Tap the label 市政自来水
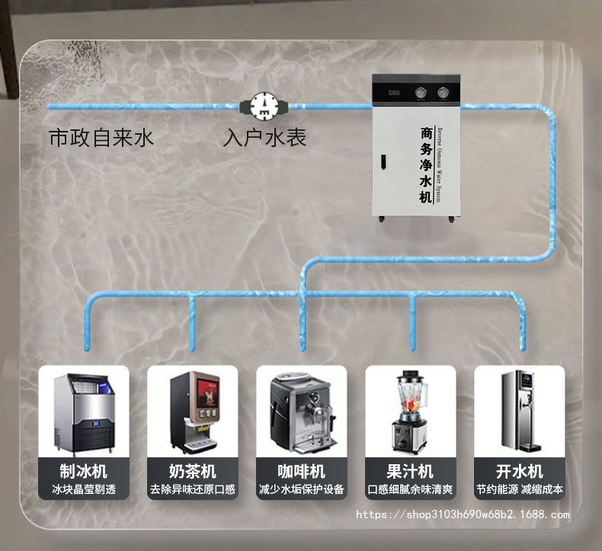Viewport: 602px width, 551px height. [x=101, y=138]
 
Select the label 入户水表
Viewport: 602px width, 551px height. [x=264, y=138]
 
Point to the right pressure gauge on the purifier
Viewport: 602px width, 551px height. [x=443, y=93]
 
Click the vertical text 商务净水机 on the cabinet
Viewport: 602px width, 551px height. [x=426, y=165]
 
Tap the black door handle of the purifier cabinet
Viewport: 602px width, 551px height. [x=385, y=162]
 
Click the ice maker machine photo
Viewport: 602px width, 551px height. [x=84, y=412]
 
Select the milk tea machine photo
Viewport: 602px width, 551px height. [x=193, y=412]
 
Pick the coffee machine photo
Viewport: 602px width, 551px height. [x=302, y=412]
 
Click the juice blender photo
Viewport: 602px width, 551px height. [x=410, y=412]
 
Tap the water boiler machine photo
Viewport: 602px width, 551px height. [x=519, y=412]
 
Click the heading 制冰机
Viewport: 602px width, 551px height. [x=84, y=470]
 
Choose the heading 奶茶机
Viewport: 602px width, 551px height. [x=193, y=470]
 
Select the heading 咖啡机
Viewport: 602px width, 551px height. [x=302, y=470]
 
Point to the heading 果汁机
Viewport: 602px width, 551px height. [x=410, y=470]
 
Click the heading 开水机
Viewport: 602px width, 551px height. [x=519, y=470]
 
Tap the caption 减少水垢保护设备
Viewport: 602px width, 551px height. [x=302, y=489]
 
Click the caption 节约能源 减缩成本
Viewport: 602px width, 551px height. [x=519, y=489]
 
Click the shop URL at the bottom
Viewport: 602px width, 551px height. [x=463, y=514]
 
